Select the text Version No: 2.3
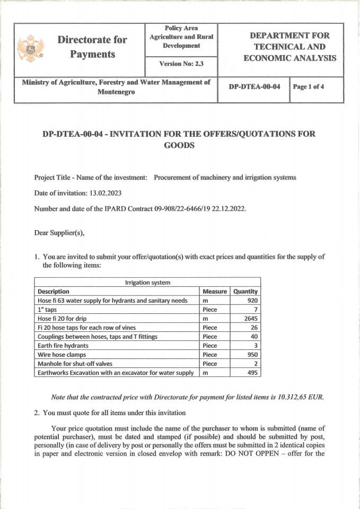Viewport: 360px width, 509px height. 181,64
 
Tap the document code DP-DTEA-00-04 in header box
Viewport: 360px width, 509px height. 254,87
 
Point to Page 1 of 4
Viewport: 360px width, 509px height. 309,87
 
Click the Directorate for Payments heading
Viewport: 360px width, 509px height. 93,47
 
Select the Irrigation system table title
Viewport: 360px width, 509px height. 147,283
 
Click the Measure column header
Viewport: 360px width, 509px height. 215,292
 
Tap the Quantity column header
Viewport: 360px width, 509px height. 245,292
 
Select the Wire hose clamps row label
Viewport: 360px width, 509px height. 62,355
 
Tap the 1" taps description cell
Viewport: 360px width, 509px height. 47,310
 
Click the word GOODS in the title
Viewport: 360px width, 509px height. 179,145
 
